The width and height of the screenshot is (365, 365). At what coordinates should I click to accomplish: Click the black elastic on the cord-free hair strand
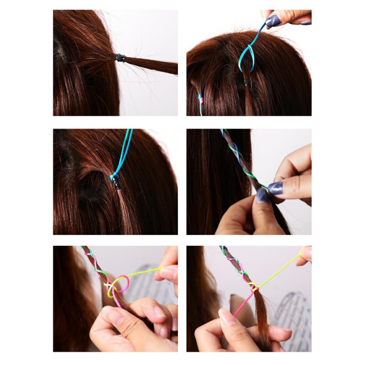point(120,58)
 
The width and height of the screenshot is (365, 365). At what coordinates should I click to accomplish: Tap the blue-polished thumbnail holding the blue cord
point(273,21)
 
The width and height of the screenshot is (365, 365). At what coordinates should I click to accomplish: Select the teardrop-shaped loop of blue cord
point(247,59)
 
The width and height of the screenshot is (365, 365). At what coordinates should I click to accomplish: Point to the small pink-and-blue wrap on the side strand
point(201,99)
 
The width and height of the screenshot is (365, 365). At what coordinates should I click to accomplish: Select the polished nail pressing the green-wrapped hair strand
point(263,195)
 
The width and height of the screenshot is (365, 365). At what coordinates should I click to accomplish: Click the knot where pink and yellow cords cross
point(254,288)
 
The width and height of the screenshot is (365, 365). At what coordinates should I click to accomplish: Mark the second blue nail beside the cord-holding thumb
point(306,23)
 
